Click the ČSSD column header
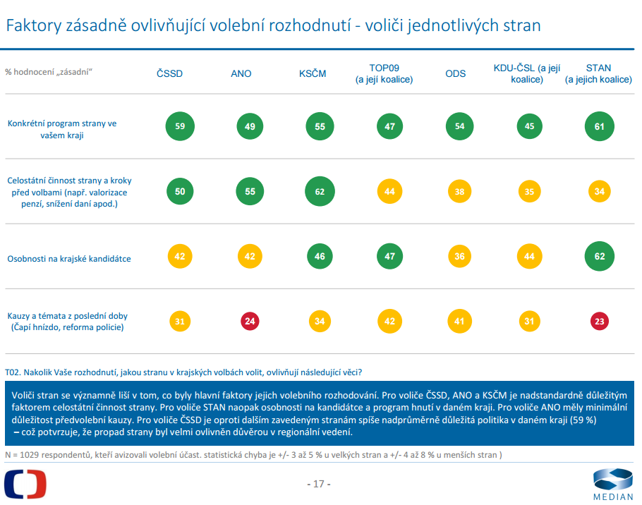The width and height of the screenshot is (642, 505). pos(169,73)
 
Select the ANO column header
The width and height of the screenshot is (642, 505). pos(241,73)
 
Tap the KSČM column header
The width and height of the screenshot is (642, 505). pos(313,73)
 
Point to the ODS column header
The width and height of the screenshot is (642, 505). pos(455,73)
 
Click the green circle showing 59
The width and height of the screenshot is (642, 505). pos(180,126)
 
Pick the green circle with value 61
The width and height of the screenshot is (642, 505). pos(600,126)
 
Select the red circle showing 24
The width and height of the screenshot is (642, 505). pos(250,321)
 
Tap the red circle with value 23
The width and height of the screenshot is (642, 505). pos(600,321)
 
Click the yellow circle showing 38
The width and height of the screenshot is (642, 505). pos(459,192)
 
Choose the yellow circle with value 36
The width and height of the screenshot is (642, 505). pos(459,257)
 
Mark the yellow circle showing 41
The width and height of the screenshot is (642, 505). pos(459,321)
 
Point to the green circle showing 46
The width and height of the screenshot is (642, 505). pos(320,257)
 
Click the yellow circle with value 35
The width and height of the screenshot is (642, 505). pos(529,192)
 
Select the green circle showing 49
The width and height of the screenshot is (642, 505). pos(250,126)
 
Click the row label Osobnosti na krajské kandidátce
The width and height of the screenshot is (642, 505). pos(69,259)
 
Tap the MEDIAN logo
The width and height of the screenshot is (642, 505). pos(613,485)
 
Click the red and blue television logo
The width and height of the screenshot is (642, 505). pos(25,484)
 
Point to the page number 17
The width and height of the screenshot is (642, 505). pos(319,484)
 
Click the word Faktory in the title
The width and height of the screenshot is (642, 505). pos(34,26)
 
